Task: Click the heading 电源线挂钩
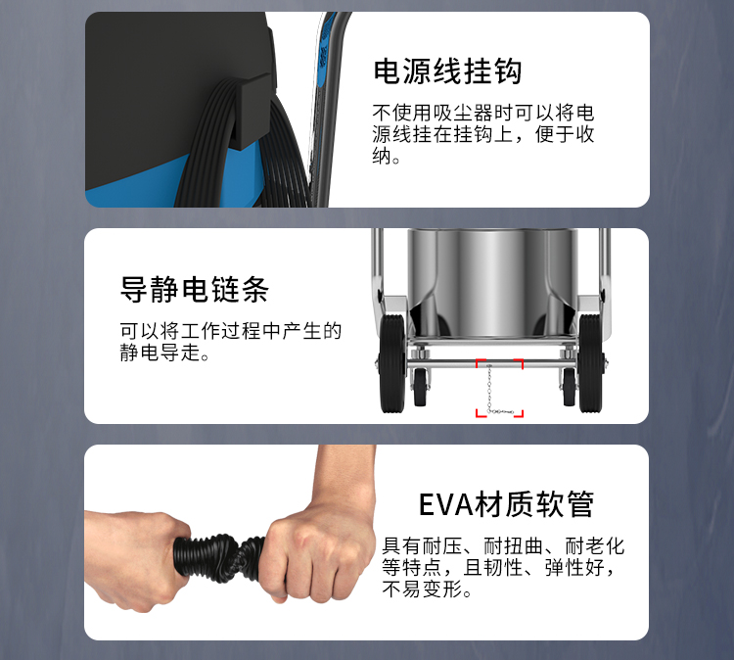(447, 71)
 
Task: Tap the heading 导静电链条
(195, 289)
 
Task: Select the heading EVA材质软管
(506, 504)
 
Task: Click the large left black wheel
(392, 363)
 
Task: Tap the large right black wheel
(590, 363)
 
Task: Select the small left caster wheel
(421, 388)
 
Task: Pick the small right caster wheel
(569, 388)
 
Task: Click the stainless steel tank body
(491, 282)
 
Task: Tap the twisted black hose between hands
(220, 557)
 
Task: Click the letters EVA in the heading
(446, 505)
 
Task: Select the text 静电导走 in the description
(161, 353)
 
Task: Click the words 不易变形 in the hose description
(422, 589)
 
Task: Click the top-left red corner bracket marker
(481, 363)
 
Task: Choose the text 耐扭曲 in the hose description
(513, 546)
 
